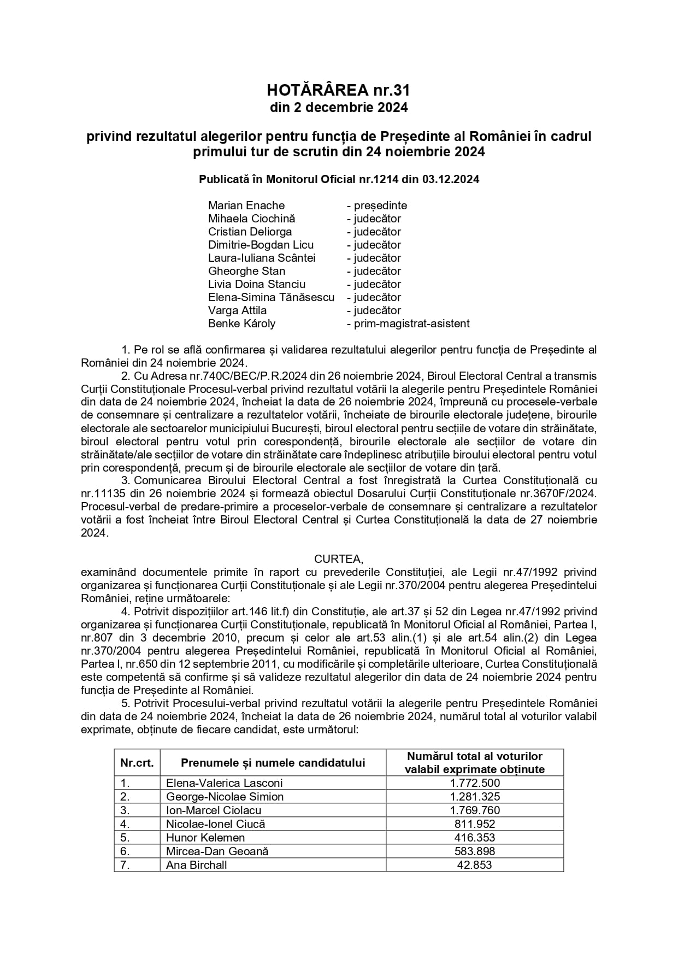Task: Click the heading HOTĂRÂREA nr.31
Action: tap(339, 90)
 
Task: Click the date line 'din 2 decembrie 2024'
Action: tap(339, 108)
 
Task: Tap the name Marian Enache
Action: tap(246, 205)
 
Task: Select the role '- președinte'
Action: tap(377, 205)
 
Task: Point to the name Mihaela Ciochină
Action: tap(251, 219)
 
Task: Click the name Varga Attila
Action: tap(237, 310)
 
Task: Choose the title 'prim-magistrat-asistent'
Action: tap(411, 323)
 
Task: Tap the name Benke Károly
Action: tap(241, 323)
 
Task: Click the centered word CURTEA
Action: tap(338, 559)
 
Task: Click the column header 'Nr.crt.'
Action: tap(137, 763)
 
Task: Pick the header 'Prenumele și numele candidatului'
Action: tap(273, 763)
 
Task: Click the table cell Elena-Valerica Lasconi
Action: tap(225, 783)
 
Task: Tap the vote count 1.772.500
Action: tap(475, 783)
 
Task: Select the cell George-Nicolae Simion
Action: tap(225, 797)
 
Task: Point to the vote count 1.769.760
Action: tap(475, 810)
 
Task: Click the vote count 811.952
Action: tap(475, 824)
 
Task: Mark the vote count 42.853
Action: tap(475, 865)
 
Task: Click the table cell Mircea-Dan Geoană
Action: tap(217, 851)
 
